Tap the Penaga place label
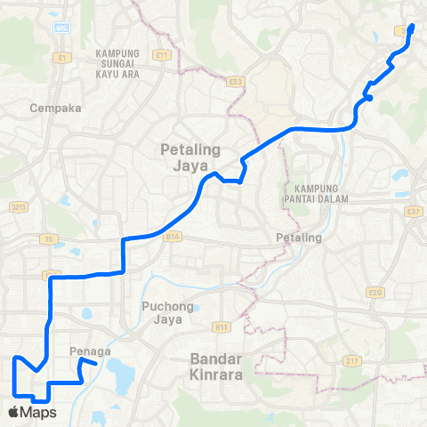tap(88, 351)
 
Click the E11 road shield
tap(161, 55)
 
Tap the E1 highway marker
tap(61, 58)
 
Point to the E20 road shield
tap(374, 291)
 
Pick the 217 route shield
tap(352, 360)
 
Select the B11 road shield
tap(222, 327)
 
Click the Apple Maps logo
tap(31, 412)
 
